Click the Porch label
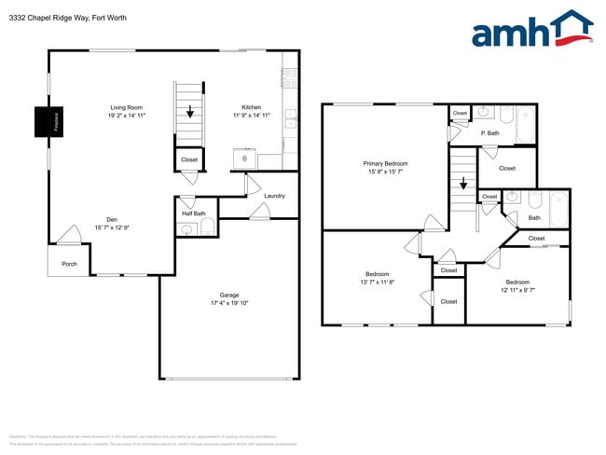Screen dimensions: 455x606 pyautogui.click(x=69, y=264)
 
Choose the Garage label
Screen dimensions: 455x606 pyautogui.click(x=228, y=295)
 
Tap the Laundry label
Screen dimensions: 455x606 pyautogui.click(x=274, y=196)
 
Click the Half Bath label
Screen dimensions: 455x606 pyautogui.click(x=193, y=214)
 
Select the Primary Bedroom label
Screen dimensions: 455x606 pyautogui.click(x=385, y=163)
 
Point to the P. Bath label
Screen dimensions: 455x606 pyautogui.click(x=490, y=133)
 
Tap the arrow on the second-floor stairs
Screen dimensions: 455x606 pyautogui.click(x=462, y=183)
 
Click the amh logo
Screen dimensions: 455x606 pyautogui.click(x=531, y=30)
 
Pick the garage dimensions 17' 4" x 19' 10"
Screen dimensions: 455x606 pyautogui.click(x=228, y=303)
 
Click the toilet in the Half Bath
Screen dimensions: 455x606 pyautogui.click(x=208, y=229)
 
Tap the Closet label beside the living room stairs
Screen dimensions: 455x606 pyautogui.click(x=189, y=159)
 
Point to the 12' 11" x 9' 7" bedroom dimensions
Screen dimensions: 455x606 pyautogui.click(x=517, y=290)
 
